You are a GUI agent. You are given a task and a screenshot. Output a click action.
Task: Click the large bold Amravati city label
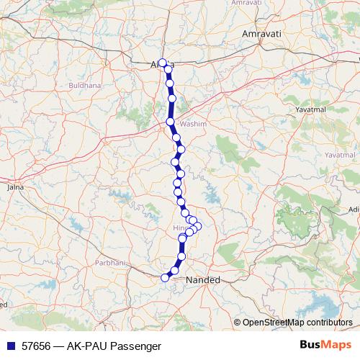click(x=264, y=35)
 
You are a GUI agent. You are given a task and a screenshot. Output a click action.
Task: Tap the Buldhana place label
click(x=84, y=85)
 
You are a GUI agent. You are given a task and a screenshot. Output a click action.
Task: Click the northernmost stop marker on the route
click(x=163, y=63)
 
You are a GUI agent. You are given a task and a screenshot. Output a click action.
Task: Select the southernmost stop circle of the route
click(x=165, y=277)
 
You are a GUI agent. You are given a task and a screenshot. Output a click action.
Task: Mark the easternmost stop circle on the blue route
click(x=198, y=226)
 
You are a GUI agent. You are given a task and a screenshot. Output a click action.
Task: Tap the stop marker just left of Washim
click(x=171, y=122)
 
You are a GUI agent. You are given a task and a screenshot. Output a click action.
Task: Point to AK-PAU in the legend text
click(x=88, y=346)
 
